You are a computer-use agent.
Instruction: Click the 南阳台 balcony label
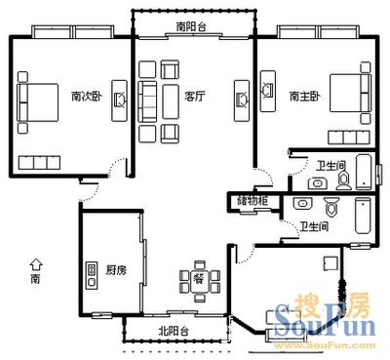pos(191,26)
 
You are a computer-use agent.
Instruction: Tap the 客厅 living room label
pos(195,97)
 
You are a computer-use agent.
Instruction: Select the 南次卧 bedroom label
pos(87,97)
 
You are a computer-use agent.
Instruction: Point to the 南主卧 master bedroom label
pos(305,97)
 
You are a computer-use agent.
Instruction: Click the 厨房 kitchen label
pos(116,270)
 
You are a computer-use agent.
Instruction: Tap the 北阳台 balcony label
pos(174,331)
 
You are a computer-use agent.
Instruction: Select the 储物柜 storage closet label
pos(253,201)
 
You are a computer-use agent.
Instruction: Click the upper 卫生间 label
pos(331,166)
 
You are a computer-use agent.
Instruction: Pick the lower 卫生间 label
pos(314,226)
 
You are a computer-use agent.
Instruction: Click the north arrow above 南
pos(36,264)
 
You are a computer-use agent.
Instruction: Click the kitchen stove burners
pos(92,275)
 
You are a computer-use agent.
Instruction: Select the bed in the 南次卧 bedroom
pos(38,102)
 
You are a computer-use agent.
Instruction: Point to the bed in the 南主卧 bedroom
pos(350,94)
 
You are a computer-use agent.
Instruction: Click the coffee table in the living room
pos(171,101)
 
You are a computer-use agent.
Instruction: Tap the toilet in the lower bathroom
pos(331,208)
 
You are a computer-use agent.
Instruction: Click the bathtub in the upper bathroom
pos(365,172)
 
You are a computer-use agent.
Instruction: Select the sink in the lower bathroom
pos(303,203)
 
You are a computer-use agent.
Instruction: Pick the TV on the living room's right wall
pos(242,100)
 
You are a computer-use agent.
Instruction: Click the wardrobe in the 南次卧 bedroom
pos(39,163)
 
